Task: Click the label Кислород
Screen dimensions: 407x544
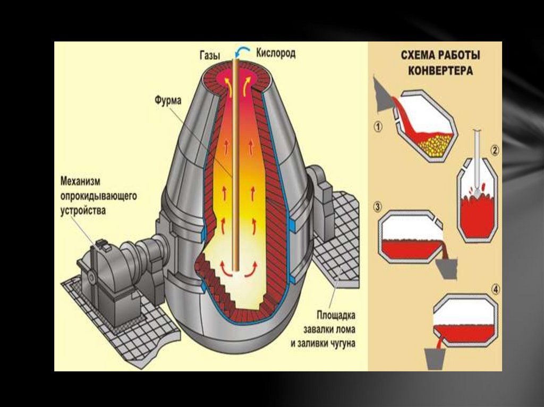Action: (276, 53)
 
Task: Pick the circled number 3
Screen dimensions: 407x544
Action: (378, 206)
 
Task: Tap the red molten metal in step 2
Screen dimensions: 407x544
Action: (477, 215)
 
